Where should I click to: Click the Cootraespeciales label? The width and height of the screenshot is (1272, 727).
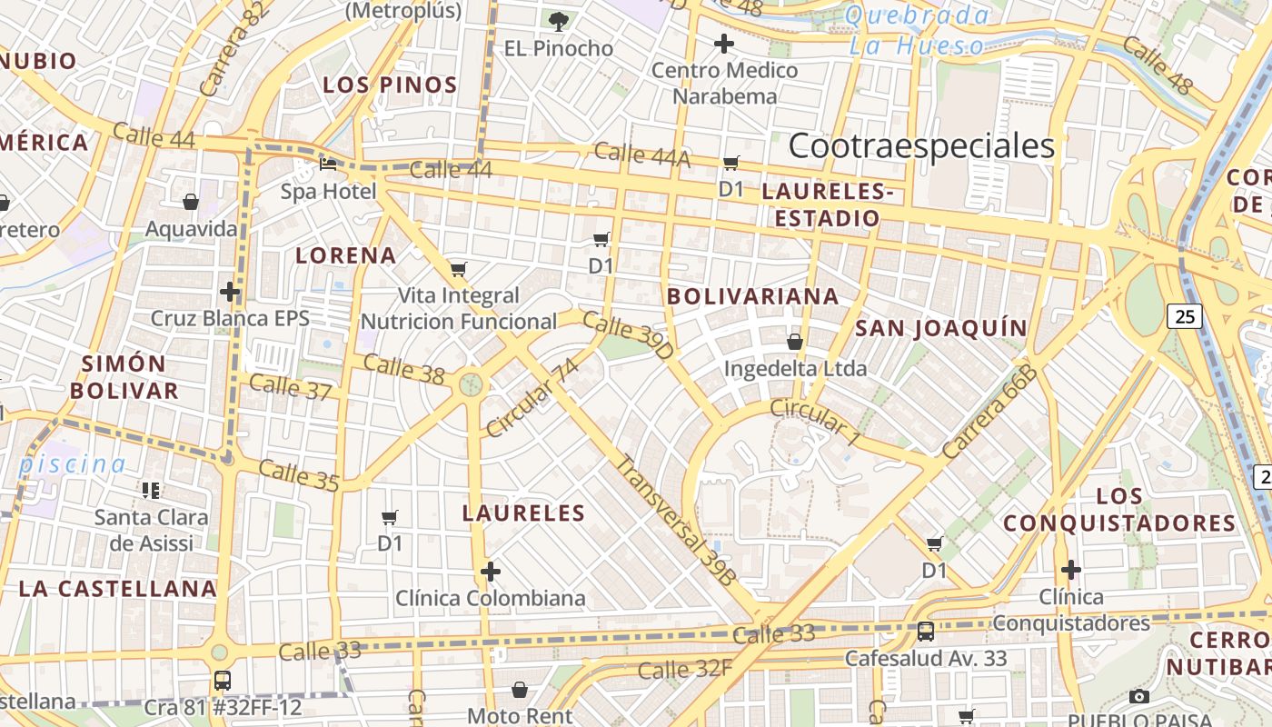point(921,145)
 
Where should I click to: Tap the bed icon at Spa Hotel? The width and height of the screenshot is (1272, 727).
point(328,164)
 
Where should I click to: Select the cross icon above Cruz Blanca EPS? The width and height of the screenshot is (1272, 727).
point(230,292)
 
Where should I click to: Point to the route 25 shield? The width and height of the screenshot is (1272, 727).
point(1185,316)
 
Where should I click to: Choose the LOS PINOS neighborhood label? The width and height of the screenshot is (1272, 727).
point(390,85)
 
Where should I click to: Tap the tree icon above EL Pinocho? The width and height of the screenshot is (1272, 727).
point(558,20)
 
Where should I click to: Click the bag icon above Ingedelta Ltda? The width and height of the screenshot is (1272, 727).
point(795,342)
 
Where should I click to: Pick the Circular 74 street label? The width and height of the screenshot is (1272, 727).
point(532,397)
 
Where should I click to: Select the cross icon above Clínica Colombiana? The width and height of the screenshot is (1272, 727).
point(490,572)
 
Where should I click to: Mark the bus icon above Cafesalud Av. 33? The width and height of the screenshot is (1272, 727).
point(926,631)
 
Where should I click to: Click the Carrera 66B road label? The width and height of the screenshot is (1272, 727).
point(989,412)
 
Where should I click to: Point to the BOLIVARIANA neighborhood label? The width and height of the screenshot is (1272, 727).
point(752,296)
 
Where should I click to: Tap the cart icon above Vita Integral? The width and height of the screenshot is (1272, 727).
point(459,269)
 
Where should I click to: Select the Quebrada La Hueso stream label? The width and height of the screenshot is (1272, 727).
point(918,30)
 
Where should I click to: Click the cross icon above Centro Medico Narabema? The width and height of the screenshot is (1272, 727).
point(724,43)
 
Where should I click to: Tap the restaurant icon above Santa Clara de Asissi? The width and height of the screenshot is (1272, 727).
point(151,491)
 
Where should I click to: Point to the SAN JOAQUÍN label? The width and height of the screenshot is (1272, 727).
point(941,328)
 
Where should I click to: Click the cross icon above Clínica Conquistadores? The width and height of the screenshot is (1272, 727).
point(1071,570)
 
